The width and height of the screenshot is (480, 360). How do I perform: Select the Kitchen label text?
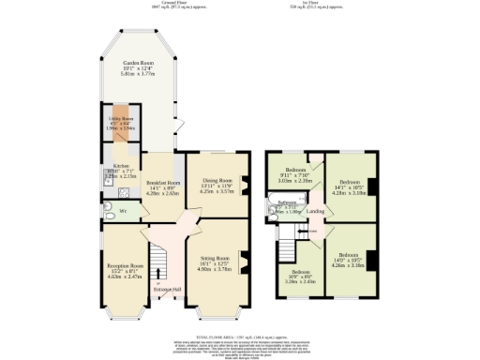click(109, 166)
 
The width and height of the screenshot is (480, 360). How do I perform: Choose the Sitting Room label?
click(217, 257)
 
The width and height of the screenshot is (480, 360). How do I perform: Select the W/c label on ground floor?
click(123, 211)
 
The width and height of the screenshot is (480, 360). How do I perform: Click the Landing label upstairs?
click(316, 212)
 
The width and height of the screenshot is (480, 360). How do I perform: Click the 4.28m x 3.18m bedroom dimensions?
click(349, 192)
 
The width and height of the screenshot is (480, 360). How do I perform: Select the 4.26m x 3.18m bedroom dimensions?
click(348, 264)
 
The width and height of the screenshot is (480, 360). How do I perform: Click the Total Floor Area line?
click(240, 335)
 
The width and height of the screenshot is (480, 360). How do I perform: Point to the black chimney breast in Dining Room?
click(247, 184)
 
